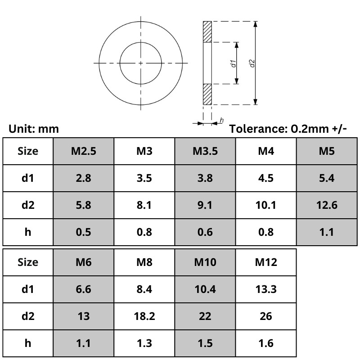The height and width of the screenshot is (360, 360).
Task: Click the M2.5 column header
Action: pos(84,151)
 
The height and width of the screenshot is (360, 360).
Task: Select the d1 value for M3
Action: pos(144,178)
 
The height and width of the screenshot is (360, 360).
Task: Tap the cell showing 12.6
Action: pos(327,205)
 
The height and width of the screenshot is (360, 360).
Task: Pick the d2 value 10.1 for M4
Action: pos(266,205)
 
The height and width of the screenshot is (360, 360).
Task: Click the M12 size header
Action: pos(266,262)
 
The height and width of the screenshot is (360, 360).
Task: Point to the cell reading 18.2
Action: pos(144,316)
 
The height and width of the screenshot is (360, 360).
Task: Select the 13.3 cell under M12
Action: pos(266,289)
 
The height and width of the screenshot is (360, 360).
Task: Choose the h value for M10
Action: pos(205,344)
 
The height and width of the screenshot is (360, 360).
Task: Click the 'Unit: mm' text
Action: pos(34,129)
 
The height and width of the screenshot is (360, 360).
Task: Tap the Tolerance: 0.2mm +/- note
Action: pos(288,129)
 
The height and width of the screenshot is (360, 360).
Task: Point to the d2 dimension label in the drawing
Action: pos(252,63)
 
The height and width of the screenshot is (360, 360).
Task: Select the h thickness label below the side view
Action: pos(221,121)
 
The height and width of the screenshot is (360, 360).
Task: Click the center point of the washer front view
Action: pos(141,63)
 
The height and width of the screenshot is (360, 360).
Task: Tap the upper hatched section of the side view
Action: pos(207,31)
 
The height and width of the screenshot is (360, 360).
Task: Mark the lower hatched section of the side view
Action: pos(207,94)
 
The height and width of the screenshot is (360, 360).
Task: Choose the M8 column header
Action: pos(144,262)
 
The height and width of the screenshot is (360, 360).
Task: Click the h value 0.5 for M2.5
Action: pos(84,232)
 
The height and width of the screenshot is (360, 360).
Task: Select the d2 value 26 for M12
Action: pos(266,316)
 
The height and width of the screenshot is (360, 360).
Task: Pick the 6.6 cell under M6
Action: pos(84,289)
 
